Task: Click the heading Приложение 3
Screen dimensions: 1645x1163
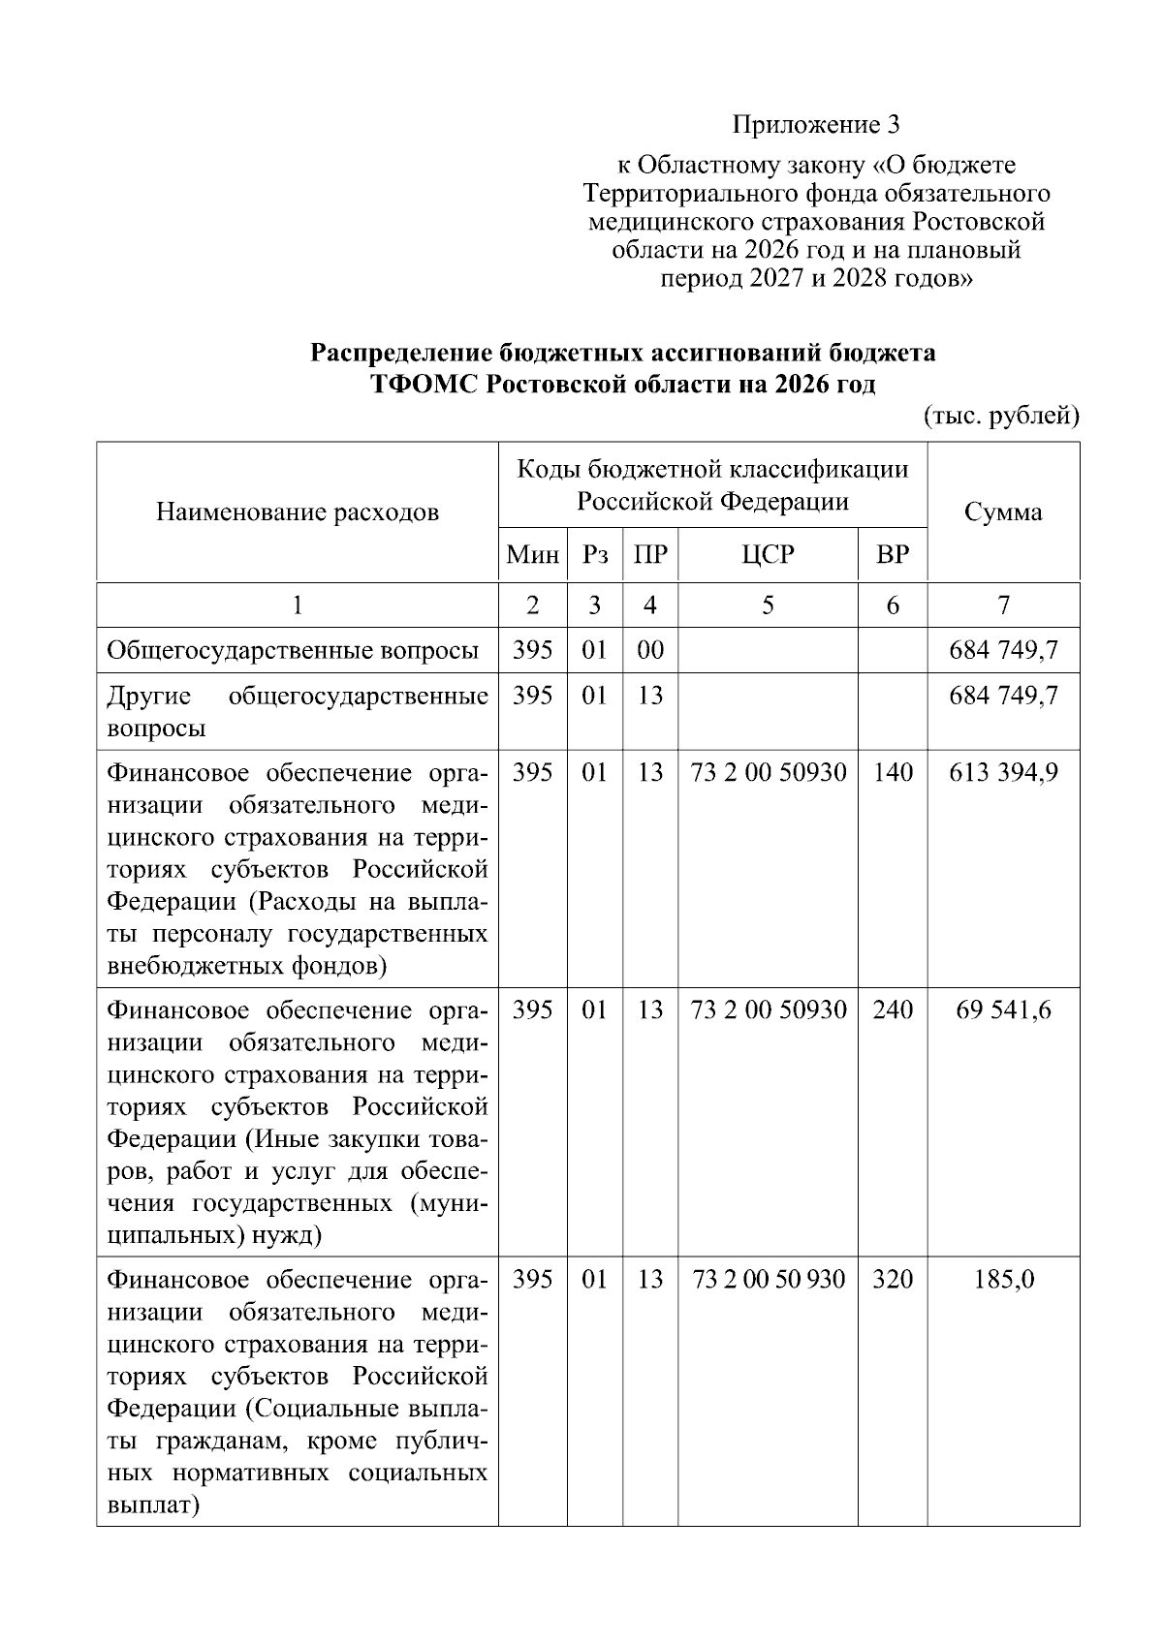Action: [x=816, y=125]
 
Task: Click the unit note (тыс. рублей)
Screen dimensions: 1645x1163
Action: [x=1000, y=416]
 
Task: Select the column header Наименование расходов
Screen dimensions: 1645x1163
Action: [x=298, y=512]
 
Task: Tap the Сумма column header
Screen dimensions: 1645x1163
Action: [x=1003, y=512]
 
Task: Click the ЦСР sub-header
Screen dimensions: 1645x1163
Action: [x=768, y=555]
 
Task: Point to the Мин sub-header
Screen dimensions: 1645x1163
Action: [x=533, y=555]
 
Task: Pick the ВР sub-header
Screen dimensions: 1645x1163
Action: [x=892, y=555]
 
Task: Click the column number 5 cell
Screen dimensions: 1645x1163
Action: [x=768, y=605]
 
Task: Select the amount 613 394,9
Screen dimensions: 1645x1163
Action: [x=1003, y=773]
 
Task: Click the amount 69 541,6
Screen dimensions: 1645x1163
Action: [x=1003, y=1010]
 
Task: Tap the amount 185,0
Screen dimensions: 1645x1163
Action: [x=1003, y=1280]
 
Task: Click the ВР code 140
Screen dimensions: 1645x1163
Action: [x=892, y=773]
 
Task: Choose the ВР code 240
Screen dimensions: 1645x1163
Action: [x=892, y=1010]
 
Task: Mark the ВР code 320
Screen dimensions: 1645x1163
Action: [x=892, y=1280]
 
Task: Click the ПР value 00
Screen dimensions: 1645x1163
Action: [x=650, y=650]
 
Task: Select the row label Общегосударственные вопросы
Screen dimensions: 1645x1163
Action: [x=293, y=650]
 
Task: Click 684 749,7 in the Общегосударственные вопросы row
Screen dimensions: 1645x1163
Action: [x=1003, y=650]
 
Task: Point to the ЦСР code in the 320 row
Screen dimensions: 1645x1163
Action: [x=768, y=1280]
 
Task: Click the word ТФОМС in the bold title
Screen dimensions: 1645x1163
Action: [x=424, y=385]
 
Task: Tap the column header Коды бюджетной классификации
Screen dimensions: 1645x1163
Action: [x=712, y=471]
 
